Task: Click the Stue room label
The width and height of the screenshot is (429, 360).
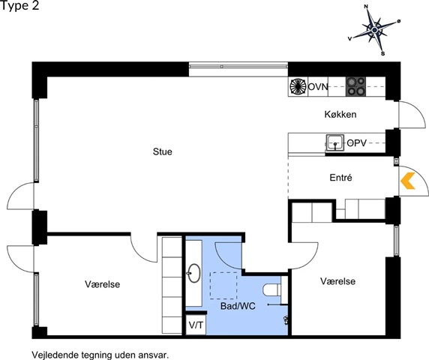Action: pos(163,151)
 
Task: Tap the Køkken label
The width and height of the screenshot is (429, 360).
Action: pos(340,114)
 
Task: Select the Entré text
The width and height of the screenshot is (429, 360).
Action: pos(340,178)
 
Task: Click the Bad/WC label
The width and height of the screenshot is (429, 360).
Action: pos(238,306)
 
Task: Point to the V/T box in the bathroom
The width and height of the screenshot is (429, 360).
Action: pos(196,325)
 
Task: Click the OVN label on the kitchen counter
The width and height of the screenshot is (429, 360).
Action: pos(318,87)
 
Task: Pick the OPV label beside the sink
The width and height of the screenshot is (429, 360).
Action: pos(356,142)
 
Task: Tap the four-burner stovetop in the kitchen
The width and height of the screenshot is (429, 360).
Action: pos(355,86)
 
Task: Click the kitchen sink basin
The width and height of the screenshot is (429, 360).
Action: pos(335,142)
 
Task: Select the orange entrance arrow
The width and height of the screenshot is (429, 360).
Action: pos(407,181)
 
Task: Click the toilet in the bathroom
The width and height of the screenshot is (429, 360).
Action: pos(271,290)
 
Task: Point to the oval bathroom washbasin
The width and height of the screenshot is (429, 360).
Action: pos(193,273)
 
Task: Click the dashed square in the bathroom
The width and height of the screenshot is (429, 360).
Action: pos(223,286)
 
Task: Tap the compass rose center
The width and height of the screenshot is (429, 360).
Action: pos(374,29)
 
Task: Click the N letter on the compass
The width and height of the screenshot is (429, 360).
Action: pos(366,7)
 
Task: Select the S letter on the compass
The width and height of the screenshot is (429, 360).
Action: pos(382,53)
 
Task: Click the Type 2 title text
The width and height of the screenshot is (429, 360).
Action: pos(19,6)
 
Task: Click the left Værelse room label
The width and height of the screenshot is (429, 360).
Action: pos(102,284)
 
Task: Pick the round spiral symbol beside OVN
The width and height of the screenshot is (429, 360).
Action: pos(298,86)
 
